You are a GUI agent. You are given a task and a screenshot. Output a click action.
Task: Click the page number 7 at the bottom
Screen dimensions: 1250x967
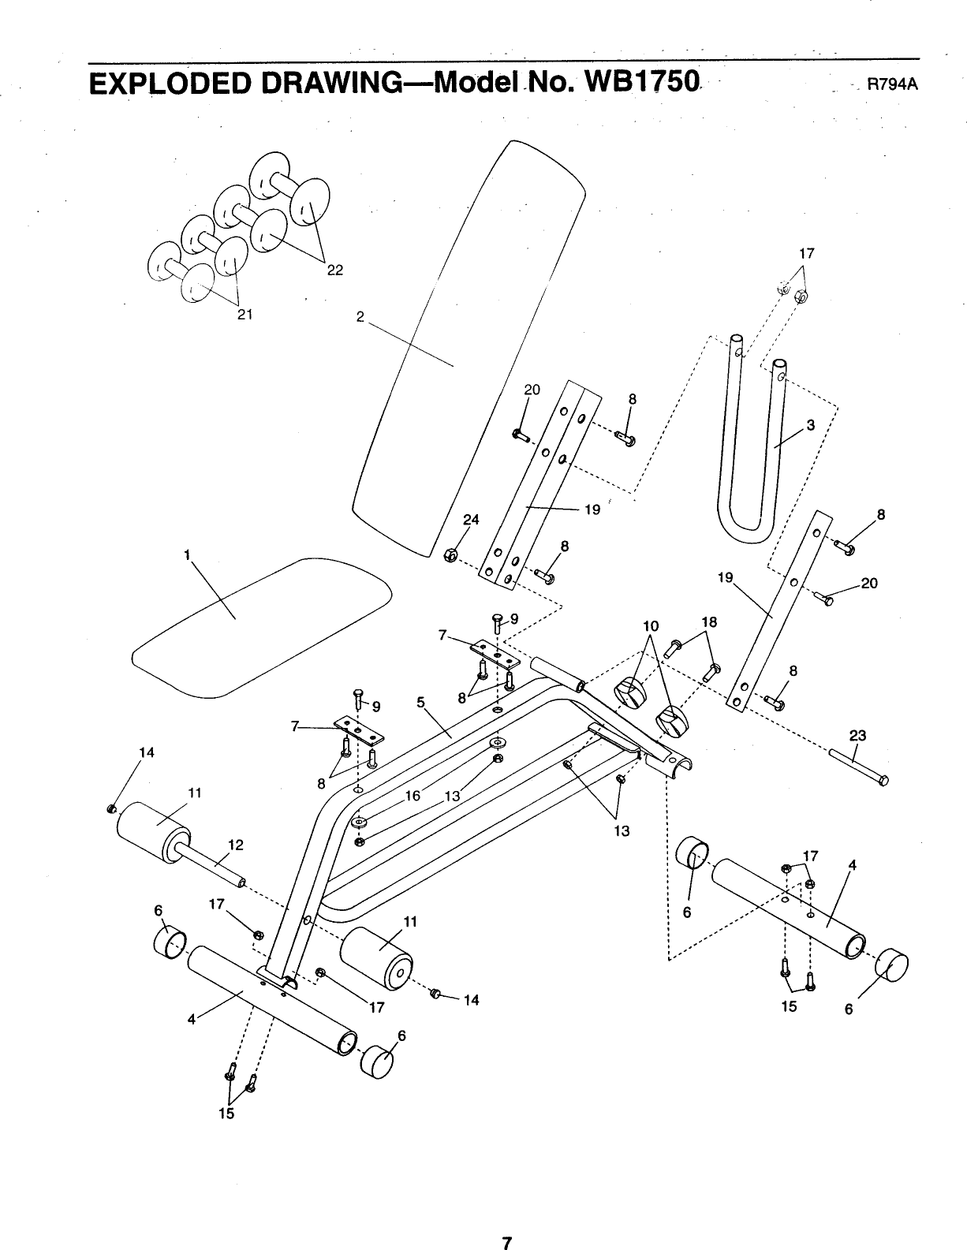(509, 1223)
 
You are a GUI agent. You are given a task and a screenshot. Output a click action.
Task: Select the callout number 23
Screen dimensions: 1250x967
(857, 736)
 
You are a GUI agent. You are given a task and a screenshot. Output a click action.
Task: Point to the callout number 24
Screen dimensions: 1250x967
(471, 520)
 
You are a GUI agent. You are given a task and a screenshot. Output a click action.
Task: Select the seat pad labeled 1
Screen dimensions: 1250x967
(260, 623)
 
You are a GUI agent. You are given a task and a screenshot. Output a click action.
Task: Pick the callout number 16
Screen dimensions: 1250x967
(412, 797)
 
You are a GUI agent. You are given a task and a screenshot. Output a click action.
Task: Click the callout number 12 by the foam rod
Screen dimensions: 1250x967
(235, 844)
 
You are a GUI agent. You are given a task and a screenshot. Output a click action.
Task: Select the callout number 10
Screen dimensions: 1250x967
(650, 626)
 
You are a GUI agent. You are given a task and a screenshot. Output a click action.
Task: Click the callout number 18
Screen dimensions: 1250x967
(709, 622)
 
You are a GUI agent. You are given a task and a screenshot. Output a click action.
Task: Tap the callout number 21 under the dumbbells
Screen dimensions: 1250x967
(245, 314)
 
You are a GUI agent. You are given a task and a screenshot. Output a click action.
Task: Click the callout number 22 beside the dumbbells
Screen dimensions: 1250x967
(335, 270)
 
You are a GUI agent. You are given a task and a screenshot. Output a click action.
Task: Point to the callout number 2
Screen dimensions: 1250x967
(360, 316)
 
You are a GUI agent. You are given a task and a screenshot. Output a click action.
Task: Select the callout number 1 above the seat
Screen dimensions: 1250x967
(188, 554)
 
